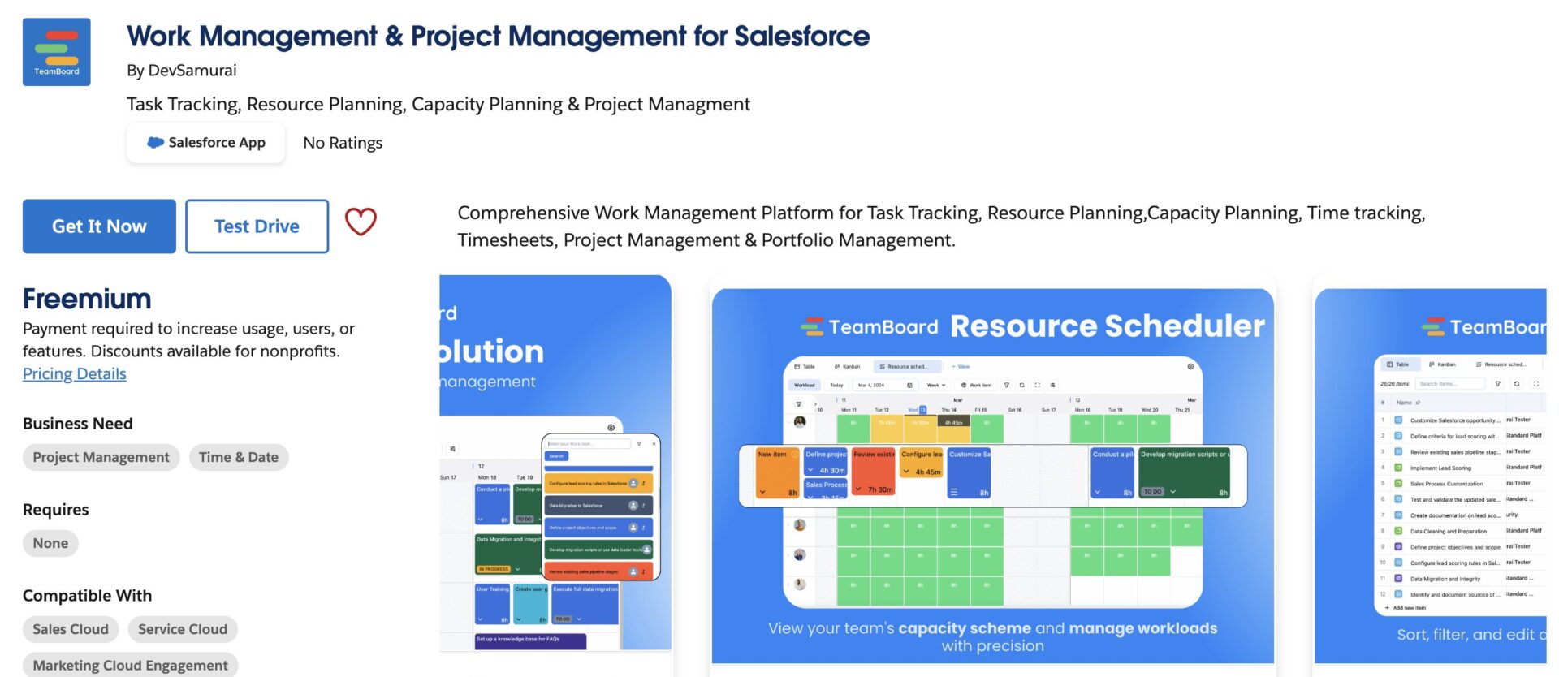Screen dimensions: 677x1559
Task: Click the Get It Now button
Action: [x=99, y=226]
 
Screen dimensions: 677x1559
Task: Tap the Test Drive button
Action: [x=257, y=226]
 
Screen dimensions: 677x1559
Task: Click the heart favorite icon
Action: [x=361, y=222]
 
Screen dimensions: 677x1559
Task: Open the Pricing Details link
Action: [x=75, y=374]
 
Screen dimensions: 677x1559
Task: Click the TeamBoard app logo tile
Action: [x=57, y=52]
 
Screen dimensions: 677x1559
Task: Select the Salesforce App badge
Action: [x=206, y=143]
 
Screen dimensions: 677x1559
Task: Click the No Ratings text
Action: [x=343, y=144]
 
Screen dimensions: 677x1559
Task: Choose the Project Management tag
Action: [x=101, y=458]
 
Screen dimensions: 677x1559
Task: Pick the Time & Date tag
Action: [x=239, y=458]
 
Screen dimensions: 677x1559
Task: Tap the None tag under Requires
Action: [x=50, y=544]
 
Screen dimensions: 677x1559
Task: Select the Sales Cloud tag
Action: [x=71, y=630]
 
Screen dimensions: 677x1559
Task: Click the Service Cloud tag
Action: [x=183, y=630]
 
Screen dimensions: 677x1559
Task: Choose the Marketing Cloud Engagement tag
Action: [x=130, y=666]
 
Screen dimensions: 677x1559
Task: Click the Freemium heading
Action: [x=87, y=300]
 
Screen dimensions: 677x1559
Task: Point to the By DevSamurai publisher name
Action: [x=182, y=71]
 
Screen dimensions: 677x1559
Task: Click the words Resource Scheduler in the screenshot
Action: [x=1107, y=326]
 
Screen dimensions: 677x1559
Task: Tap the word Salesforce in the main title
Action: [x=801, y=37]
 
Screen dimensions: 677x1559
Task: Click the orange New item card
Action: [x=777, y=472]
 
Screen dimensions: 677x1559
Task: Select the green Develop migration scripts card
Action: [x=1184, y=472]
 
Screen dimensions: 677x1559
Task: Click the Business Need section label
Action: [x=78, y=424]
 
